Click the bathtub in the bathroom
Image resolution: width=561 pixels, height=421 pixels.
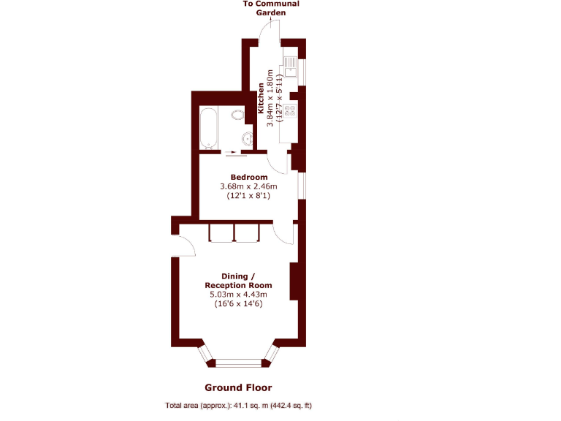tap(208, 128)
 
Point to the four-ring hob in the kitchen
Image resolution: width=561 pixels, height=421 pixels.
tap(290, 110)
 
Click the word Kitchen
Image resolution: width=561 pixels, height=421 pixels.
tap(261, 99)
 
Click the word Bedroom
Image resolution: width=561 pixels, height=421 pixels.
tap(249, 177)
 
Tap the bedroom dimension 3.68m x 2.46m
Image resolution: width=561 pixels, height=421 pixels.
tap(249, 186)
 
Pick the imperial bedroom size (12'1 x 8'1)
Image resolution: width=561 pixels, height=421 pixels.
tap(249, 196)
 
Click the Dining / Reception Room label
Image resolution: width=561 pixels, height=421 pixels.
tap(239, 281)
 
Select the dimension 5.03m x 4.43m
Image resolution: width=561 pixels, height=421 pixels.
tap(239, 295)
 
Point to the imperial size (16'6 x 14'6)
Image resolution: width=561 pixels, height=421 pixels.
tap(239, 304)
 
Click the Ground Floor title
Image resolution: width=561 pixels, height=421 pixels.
tap(238, 387)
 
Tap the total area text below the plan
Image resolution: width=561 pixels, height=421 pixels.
tap(239, 406)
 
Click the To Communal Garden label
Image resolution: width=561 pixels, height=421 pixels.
tap(271, 8)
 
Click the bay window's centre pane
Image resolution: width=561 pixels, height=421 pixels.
tap(240, 360)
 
